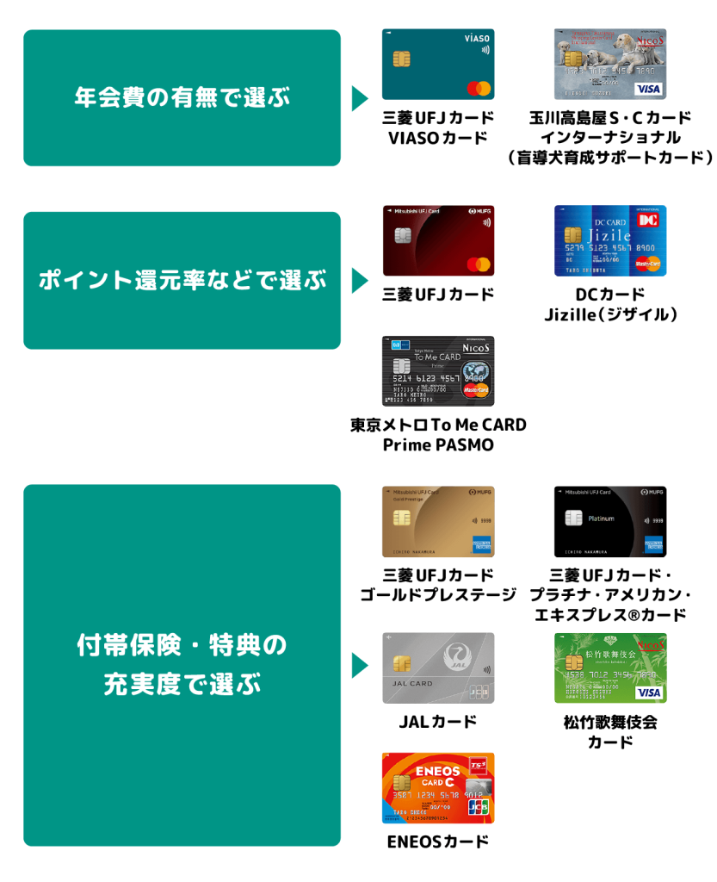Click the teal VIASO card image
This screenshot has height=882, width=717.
click(438, 65)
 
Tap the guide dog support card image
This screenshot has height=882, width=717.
click(609, 65)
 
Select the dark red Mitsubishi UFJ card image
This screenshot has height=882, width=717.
click(438, 240)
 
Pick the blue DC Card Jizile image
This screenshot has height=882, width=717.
click(609, 240)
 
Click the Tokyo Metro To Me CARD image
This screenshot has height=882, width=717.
click(438, 371)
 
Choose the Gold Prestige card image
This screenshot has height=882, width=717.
click(438, 522)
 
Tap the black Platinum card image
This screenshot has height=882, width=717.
click(609, 522)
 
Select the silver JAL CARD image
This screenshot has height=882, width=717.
click(438, 668)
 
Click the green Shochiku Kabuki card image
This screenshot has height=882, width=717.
click(609, 668)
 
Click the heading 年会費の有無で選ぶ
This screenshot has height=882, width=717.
click(182, 97)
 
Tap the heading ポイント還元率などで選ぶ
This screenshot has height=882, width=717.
click(182, 280)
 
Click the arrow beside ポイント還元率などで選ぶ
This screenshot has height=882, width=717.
click(359, 281)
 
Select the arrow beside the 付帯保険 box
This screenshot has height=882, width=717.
click(359, 665)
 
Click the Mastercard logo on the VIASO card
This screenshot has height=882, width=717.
click(478, 89)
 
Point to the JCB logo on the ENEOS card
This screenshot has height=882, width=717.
click(478, 807)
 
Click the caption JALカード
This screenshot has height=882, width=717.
click(438, 722)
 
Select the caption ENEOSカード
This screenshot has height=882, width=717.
click(438, 842)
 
